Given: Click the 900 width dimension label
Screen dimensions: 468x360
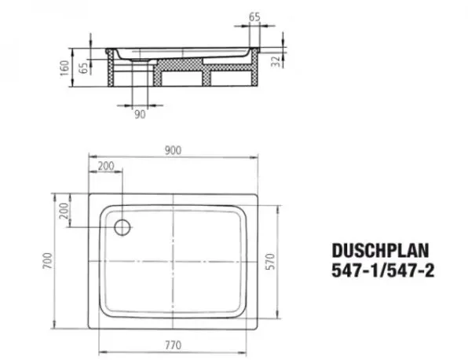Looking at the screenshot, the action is coord(173,150).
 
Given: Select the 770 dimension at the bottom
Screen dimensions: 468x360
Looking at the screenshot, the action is coord(173,345).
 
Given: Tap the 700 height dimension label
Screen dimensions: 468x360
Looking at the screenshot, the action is coord(47,260).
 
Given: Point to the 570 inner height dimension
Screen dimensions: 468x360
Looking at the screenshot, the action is coord(270,262).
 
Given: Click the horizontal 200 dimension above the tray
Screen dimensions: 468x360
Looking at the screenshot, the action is coord(106,166).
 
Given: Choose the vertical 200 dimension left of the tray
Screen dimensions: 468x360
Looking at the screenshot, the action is coord(64,211).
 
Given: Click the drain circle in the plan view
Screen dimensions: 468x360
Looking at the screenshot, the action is coord(122,227).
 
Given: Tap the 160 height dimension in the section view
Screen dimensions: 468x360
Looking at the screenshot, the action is coord(64,68).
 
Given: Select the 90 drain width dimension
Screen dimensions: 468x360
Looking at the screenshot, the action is coord(140,114).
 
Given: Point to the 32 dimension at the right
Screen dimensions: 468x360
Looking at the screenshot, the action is coord(276,61).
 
